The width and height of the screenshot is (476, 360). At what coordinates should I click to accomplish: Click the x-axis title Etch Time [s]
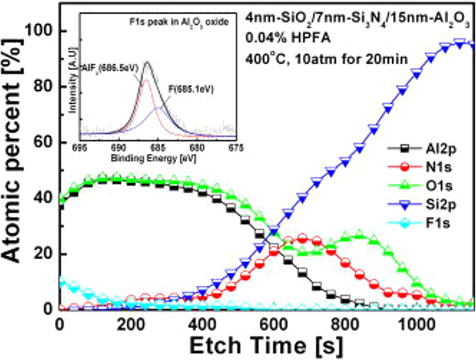266,346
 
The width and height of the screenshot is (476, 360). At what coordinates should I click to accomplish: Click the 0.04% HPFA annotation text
287,38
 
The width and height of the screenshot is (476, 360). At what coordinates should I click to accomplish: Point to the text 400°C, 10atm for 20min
326,58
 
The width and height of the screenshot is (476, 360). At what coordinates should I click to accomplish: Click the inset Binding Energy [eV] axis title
153,158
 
